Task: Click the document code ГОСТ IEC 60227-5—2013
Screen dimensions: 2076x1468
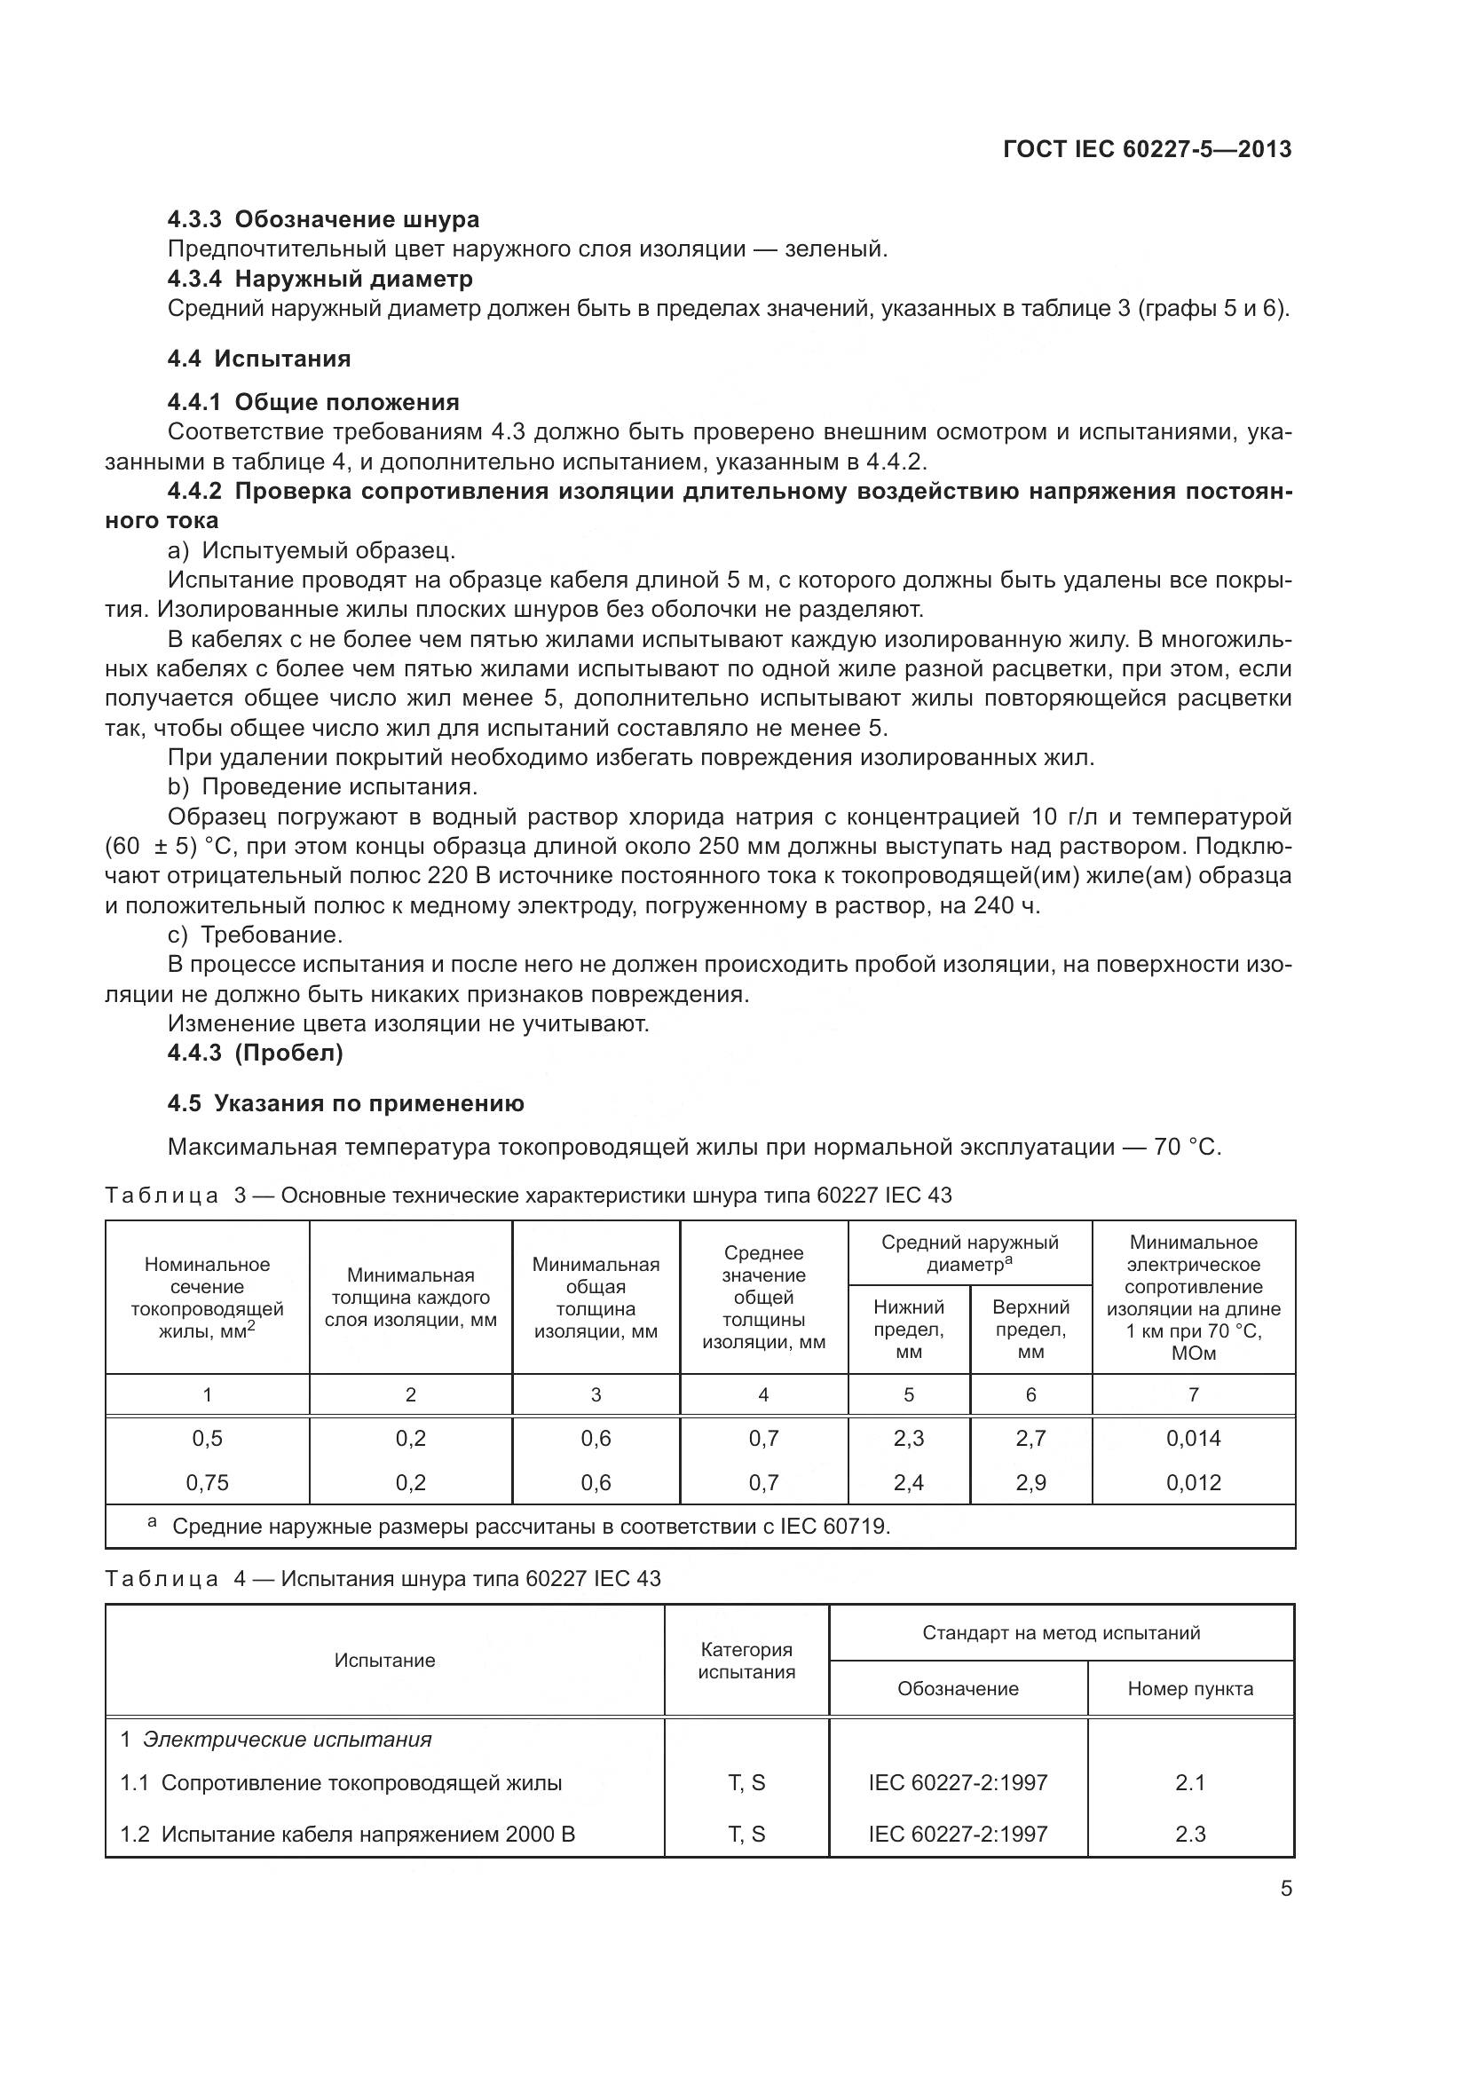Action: click(1147, 149)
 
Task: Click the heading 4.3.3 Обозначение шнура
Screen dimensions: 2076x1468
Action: click(324, 220)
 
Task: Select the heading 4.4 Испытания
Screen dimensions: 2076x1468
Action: click(258, 359)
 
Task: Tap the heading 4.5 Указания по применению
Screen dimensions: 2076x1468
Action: click(345, 1103)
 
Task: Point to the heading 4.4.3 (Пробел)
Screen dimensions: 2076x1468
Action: click(255, 1054)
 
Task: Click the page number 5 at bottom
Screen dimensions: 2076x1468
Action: click(1285, 1889)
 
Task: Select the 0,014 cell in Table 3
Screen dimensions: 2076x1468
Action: click(1193, 1439)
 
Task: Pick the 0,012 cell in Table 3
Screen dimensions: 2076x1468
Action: click(1193, 1483)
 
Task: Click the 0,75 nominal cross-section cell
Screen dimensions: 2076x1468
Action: click(207, 1483)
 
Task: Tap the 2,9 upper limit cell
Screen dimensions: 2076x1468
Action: click(1030, 1483)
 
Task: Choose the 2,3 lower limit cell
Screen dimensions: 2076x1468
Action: click(909, 1439)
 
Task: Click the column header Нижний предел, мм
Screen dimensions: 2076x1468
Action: click(909, 1330)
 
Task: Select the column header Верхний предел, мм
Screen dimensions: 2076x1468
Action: click(1030, 1330)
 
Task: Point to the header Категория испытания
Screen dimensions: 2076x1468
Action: click(746, 1661)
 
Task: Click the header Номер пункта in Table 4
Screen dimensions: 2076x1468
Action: click(1190, 1689)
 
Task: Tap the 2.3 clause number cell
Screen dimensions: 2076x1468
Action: click(1190, 1834)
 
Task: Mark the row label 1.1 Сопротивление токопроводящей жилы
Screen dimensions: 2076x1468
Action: click(342, 1783)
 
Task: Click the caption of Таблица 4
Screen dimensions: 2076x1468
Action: click(383, 1579)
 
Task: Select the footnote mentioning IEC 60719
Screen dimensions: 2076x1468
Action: click(530, 1527)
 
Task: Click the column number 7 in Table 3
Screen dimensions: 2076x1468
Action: click(1193, 1395)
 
